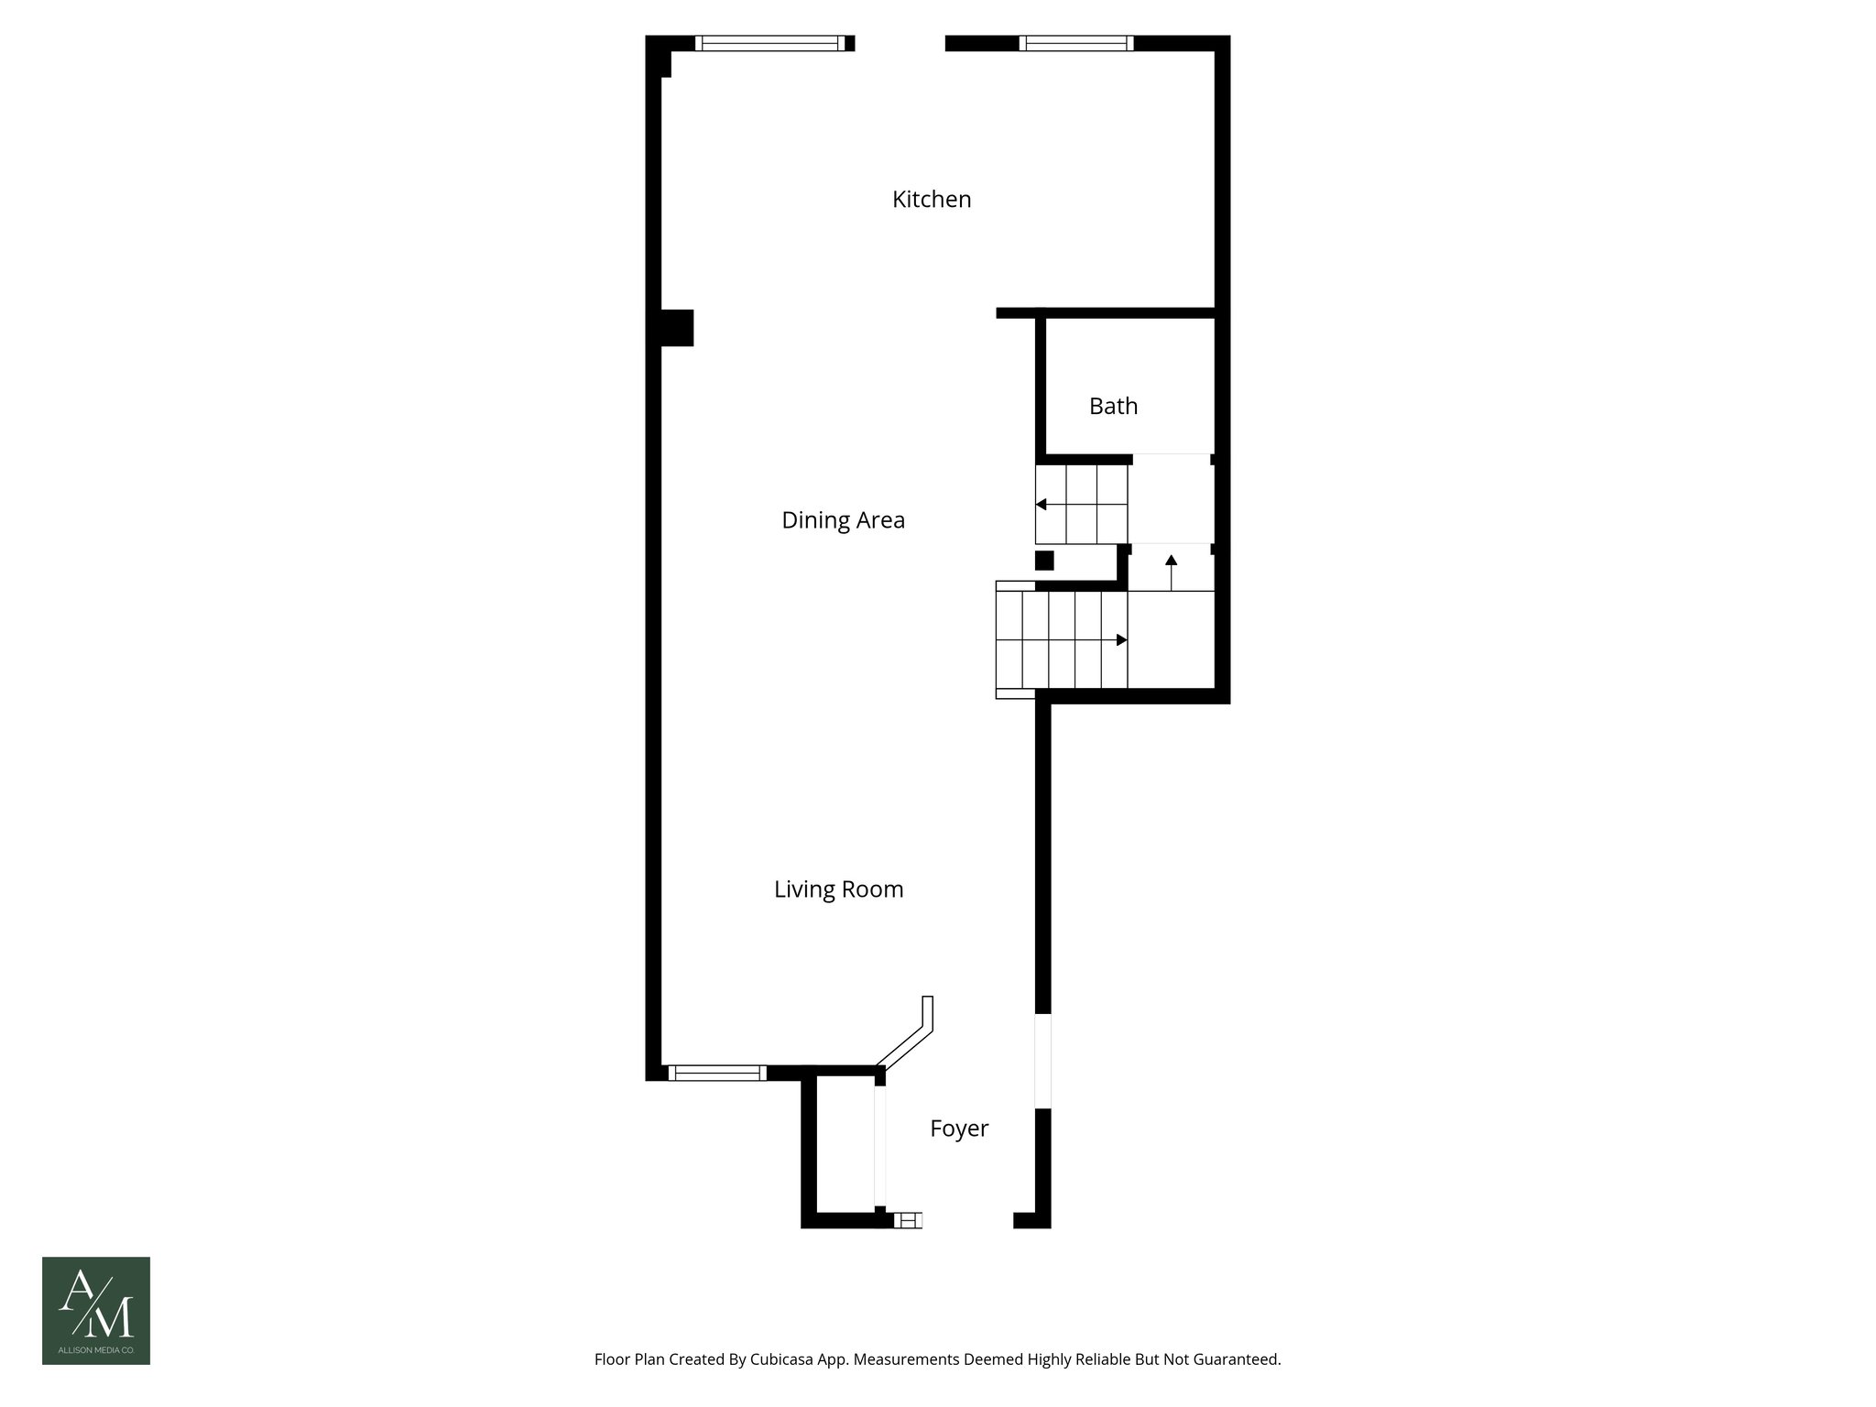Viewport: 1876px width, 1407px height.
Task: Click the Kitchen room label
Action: point(932,199)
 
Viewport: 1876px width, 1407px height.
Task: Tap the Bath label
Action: point(1113,406)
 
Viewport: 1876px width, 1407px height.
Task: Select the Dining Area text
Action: point(843,520)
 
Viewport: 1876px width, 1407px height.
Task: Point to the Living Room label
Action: point(838,889)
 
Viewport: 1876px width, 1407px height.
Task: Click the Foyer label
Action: point(959,1129)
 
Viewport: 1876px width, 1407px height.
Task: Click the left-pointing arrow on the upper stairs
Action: point(1042,505)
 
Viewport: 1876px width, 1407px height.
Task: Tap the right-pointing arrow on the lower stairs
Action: point(1121,640)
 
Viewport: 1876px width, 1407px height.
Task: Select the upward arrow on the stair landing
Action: point(1171,561)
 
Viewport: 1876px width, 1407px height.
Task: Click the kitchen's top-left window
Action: point(769,43)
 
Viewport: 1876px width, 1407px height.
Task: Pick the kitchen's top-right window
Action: point(1076,43)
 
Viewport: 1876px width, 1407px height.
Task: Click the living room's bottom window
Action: point(717,1074)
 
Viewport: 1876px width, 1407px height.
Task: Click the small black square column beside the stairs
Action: point(1044,561)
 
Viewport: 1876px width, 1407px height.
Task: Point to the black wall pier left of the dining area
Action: point(677,328)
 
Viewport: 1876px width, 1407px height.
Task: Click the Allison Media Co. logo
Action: point(96,1310)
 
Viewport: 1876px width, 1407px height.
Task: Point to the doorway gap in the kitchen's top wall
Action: point(900,43)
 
